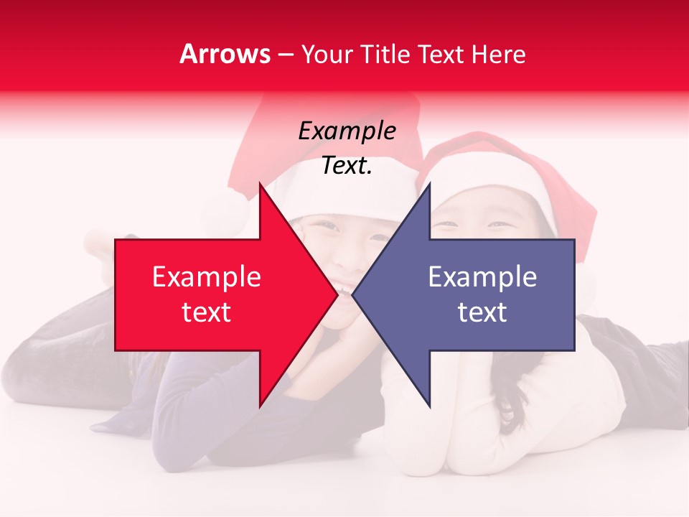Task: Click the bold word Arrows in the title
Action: point(225,54)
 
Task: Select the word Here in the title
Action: point(498,54)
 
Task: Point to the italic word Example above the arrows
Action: point(347,131)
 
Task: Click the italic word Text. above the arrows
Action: point(347,166)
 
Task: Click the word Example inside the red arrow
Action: point(206,276)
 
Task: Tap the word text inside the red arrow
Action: point(206,312)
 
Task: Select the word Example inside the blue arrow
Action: point(482,276)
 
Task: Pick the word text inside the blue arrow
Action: point(482,312)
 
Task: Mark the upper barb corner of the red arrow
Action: point(260,183)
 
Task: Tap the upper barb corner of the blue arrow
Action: point(430,183)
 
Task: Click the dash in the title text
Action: point(286,55)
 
